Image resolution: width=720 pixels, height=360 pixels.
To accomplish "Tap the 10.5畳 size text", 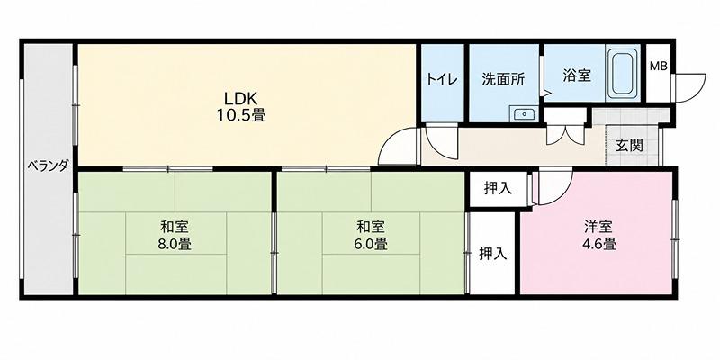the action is tap(241, 115).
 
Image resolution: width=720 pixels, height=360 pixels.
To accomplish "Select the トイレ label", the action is tap(442, 79).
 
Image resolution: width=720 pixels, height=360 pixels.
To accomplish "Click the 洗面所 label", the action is tap(503, 79).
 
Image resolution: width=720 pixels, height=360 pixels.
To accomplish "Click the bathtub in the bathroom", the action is tap(623, 74).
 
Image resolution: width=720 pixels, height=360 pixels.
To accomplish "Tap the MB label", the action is tap(659, 66).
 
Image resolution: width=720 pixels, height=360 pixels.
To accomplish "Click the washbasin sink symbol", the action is tap(524, 114).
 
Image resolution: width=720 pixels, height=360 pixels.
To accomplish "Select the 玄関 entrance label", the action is tap(629, 146).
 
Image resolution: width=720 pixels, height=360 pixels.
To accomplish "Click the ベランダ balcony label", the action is tap(48, 166).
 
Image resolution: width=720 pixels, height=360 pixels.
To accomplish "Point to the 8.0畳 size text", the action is tap(175, 244).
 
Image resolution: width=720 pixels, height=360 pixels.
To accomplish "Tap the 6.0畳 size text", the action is tap(371, 244).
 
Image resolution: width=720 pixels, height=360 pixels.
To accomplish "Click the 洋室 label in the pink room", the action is tap(598, 227).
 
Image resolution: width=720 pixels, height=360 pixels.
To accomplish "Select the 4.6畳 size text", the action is tap(598, 244).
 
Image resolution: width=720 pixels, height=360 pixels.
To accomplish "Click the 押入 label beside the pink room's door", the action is tap(498, 188).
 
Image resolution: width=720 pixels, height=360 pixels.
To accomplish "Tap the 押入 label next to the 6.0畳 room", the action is tap(492, 254).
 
